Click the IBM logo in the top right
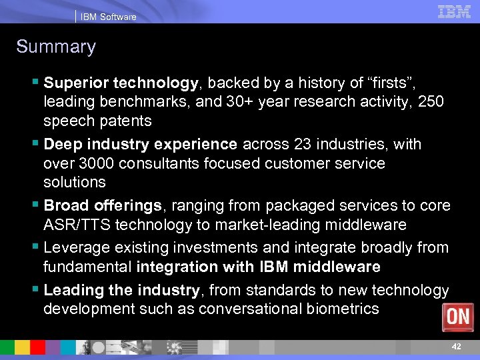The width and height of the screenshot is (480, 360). pos(454,11)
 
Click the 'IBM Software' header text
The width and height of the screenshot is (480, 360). pos(108,17)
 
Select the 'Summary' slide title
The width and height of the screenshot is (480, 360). pos(56,47)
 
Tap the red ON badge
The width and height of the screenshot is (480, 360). pos(458,317)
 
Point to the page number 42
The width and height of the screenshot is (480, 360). pos(456,347)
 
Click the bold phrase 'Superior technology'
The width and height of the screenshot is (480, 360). pos(121,83)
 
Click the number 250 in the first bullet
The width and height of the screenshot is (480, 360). pos(430,102)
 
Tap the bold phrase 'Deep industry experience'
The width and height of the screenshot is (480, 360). pos(140,144)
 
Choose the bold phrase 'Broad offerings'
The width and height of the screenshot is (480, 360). pos(101,205)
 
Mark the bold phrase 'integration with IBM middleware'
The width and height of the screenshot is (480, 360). pos(258,267)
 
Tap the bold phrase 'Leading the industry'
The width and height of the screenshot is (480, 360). pos(121,290)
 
